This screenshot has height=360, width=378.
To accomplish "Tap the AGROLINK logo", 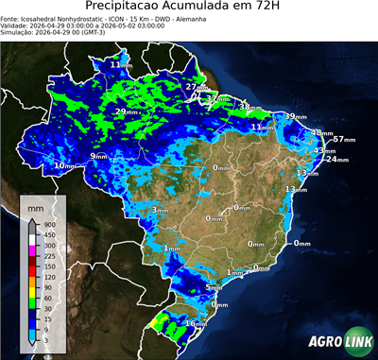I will (x=339, y=342).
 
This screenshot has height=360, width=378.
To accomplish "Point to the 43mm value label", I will (x=324, y=150).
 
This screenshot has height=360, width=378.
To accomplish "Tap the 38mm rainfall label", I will (x=249, y=107).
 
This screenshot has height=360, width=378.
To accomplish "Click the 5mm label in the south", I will (x=214, y=287).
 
